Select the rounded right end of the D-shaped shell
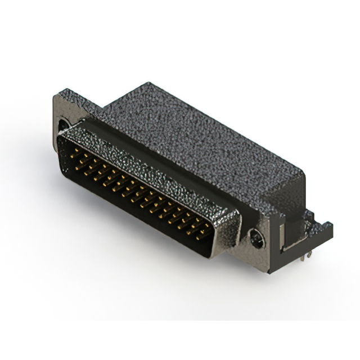[225, 236]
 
